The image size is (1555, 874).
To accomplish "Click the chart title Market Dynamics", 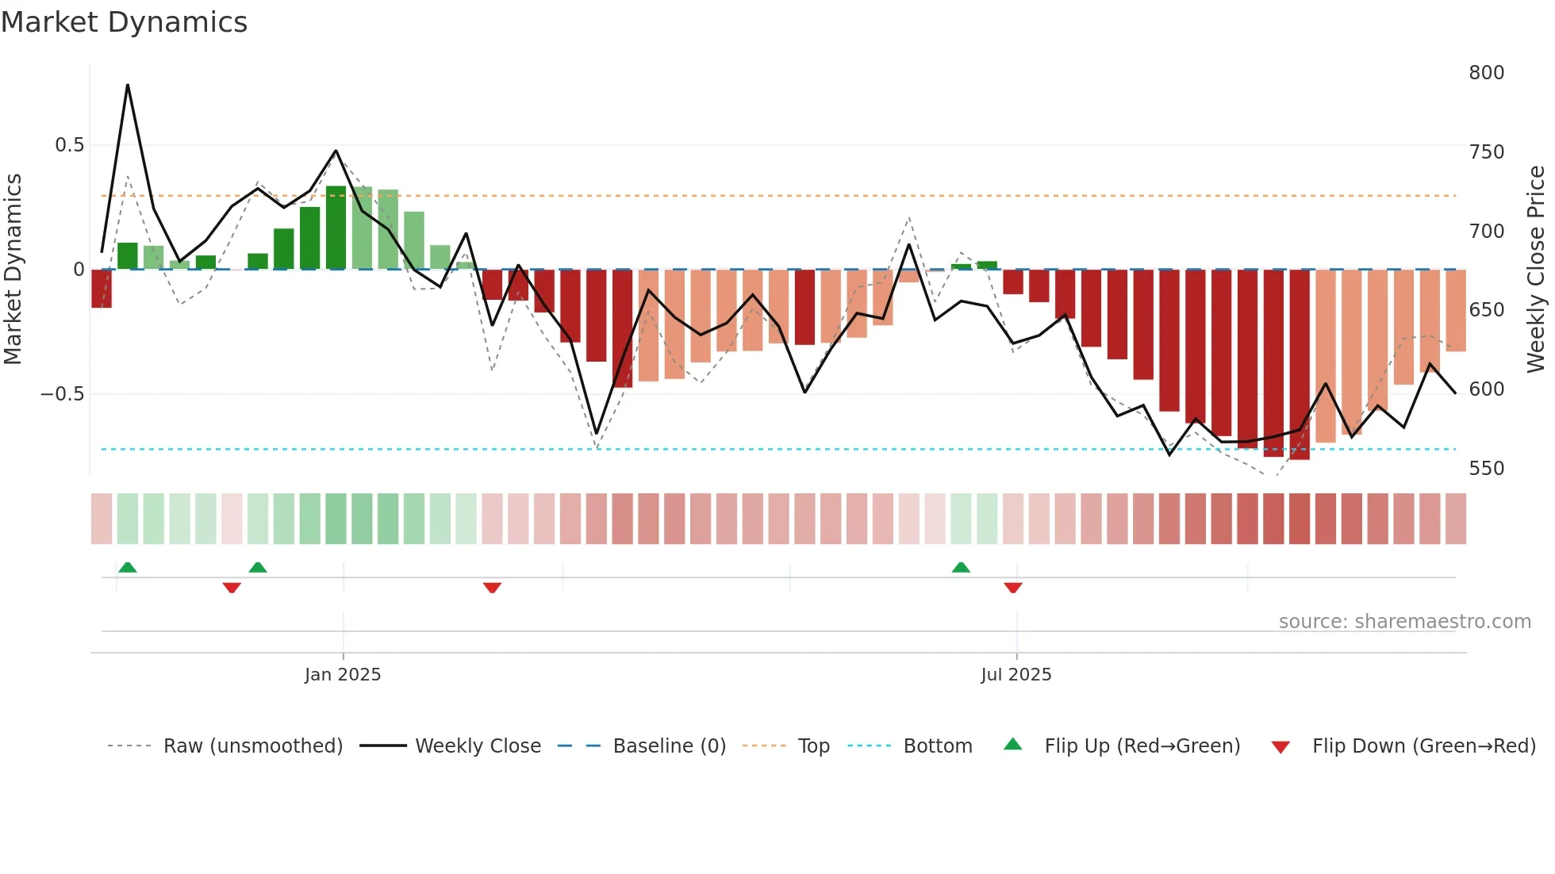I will (x=124, y=22).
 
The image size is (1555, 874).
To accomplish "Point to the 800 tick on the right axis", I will (x=1486, y=73).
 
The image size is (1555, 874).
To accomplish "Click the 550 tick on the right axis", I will (x=1486, y=469).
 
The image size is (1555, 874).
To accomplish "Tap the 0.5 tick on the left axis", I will (x=69, y=145).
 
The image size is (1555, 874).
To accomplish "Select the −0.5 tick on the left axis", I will (x=63, y=394).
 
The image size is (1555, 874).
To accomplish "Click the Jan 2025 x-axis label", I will (x=343, y=675).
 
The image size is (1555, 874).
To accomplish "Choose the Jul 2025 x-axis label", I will (x=1016, y=675).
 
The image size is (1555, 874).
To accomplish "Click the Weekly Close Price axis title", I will (x=1536, y=270).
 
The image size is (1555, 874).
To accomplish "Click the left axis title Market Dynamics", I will (x=13, y=270).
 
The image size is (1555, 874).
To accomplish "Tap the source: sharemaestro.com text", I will (x=1404, y=622).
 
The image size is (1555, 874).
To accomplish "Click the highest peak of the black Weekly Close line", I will (x=128, y=85).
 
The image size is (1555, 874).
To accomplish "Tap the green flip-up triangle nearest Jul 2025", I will (x=961, y=567).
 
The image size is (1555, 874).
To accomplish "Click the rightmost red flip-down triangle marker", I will (x=1013, y=588).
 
